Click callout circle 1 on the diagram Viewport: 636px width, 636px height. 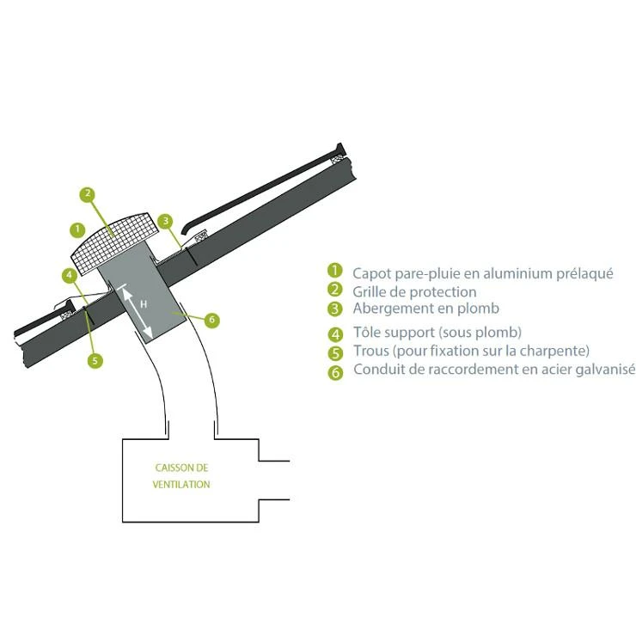[77, 230]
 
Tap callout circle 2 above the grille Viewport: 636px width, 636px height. [88, 194]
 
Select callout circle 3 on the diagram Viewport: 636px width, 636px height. [166, 221]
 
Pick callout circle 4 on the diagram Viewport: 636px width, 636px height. [70, 276]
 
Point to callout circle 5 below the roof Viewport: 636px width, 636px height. [95, 361]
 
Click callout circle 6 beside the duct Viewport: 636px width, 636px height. [211, 320]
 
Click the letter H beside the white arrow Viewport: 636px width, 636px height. [144, 304]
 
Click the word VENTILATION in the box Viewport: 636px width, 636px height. [181, 484]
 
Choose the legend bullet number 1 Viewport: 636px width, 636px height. [335, 271]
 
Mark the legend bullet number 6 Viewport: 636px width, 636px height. [335, 372]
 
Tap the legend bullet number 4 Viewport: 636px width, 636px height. [335, 334]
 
